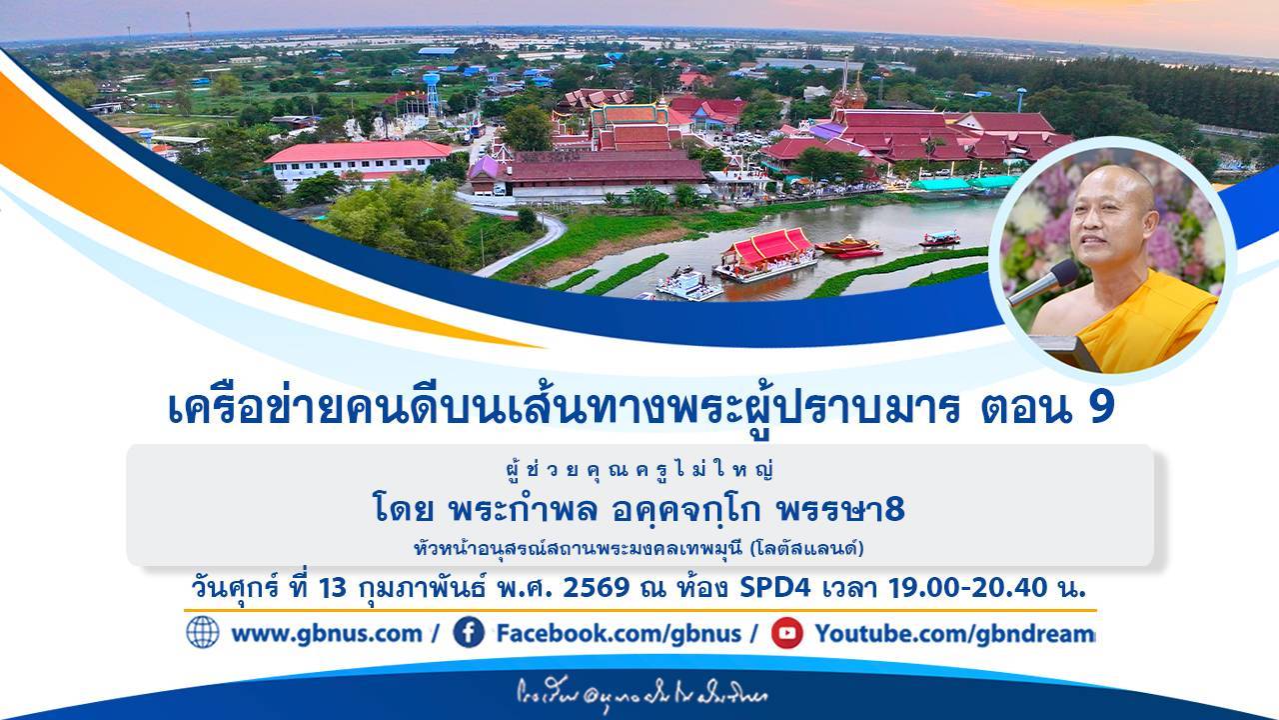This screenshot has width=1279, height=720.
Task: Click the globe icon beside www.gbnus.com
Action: coord(202,632)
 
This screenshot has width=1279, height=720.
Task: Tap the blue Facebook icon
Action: coord(469,632)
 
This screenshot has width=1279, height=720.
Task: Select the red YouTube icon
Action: coord(787,632)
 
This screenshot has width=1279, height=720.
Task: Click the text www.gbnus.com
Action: coord(326,633)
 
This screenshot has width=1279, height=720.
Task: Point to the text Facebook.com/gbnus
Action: coord(619,633)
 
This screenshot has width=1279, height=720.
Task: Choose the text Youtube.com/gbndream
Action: coord(954,633)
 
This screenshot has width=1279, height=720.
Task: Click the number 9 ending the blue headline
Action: coord(1102,409)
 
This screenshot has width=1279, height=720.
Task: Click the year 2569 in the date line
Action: coord(597,588)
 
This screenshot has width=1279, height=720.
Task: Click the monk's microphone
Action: coord(1043,281)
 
